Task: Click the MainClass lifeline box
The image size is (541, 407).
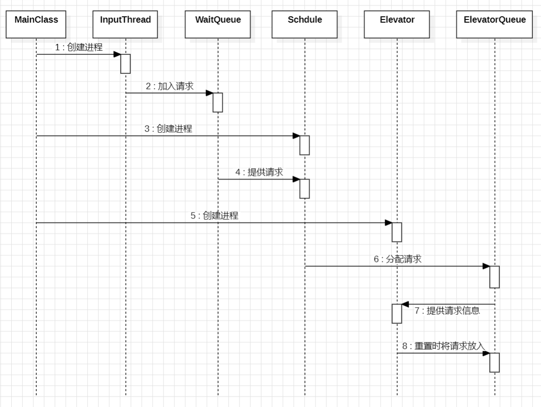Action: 36,24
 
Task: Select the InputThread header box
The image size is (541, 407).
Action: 125,24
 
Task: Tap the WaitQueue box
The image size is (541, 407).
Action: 218,24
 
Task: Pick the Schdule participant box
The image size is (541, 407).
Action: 305,24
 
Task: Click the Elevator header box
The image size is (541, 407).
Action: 397,24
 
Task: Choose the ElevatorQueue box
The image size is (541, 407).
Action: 494,24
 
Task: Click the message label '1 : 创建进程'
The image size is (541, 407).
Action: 79,47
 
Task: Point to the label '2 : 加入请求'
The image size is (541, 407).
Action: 170,86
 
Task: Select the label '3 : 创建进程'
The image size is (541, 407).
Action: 169,129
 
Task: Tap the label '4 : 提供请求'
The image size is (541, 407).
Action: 259,172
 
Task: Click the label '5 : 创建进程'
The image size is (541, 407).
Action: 214,215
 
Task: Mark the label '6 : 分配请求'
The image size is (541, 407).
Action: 397,259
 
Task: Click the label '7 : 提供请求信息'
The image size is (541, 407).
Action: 447,311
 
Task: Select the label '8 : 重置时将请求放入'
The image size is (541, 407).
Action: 444,346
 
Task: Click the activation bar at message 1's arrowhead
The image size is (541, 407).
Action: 126,64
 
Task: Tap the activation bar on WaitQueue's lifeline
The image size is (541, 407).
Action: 218,103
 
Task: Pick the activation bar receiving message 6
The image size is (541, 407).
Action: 494,277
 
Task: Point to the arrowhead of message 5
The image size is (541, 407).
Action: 389,222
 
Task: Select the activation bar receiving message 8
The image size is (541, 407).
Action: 494,363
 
